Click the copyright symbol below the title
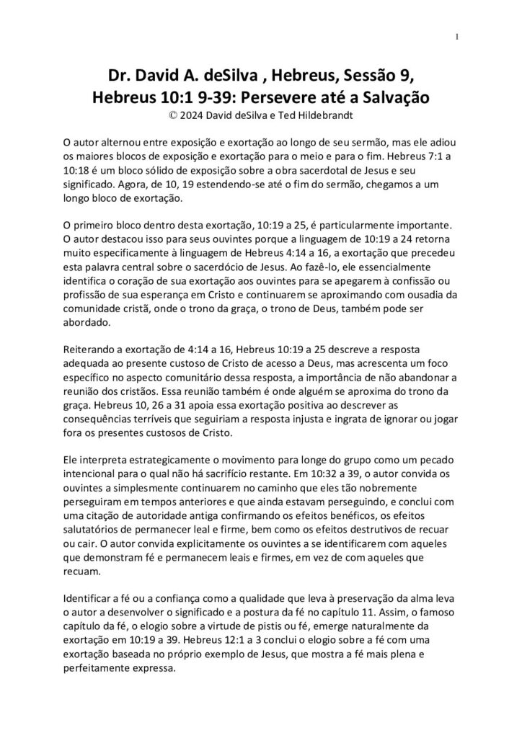(170, 114)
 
